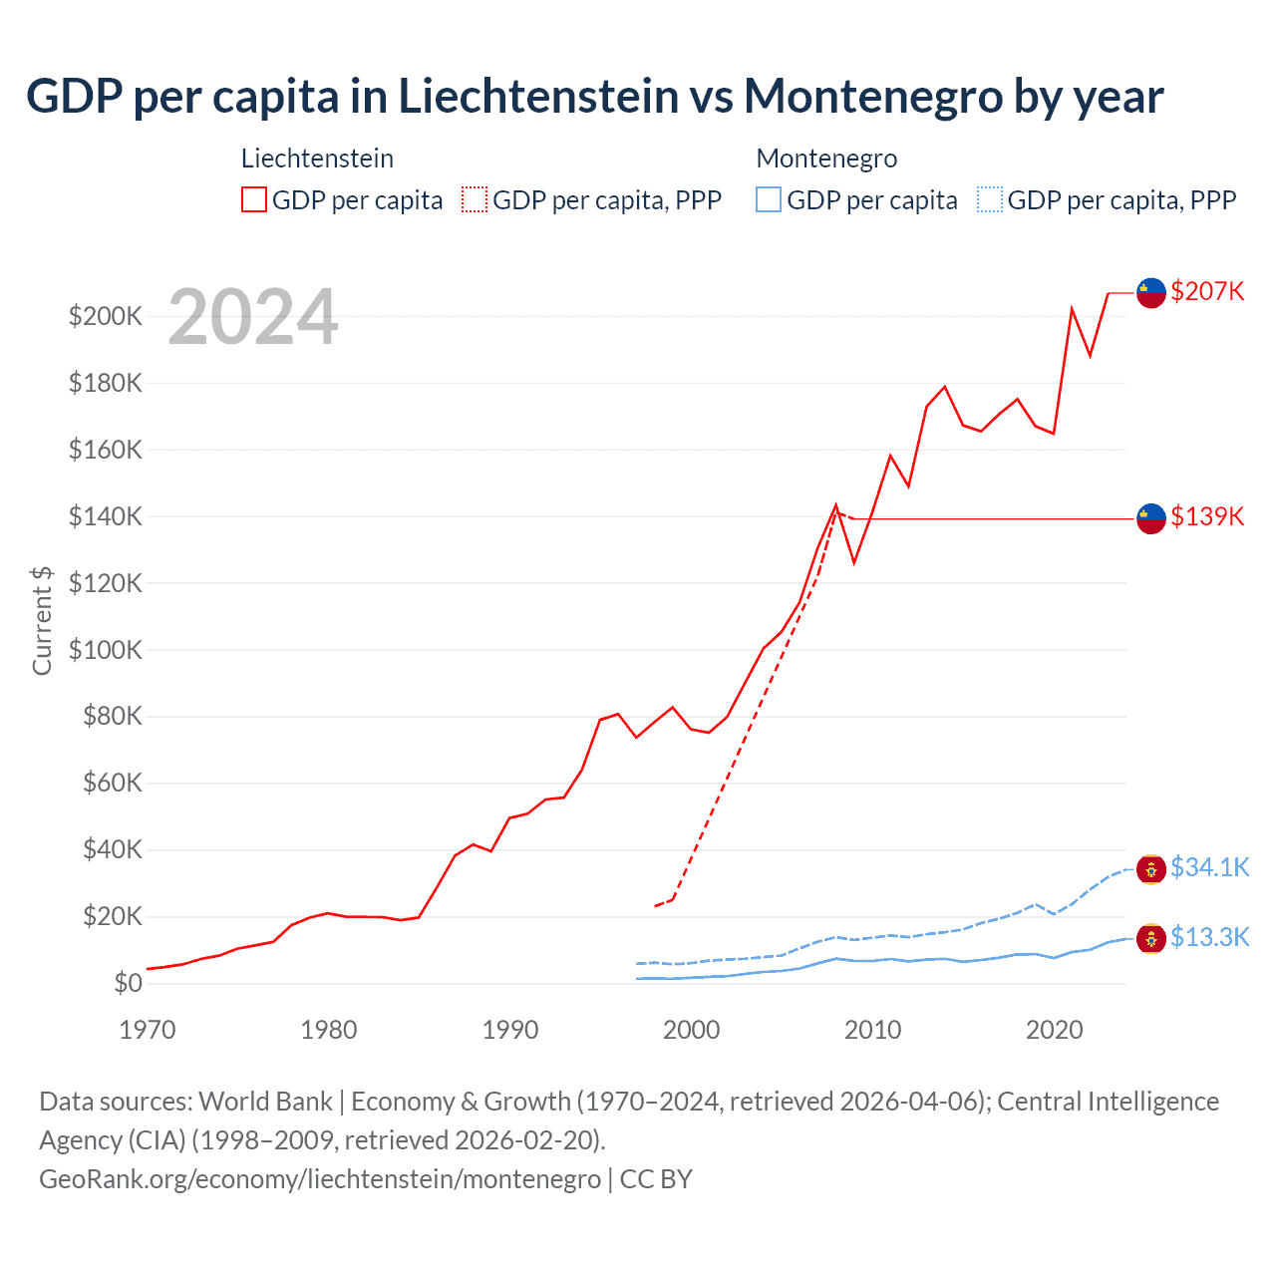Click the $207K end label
click(1207, 291)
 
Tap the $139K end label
click(1207, 516)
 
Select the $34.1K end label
click(1209, 867)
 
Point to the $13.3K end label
click(1209, 937)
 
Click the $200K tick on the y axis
click(106, 316)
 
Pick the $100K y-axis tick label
click(106, 650)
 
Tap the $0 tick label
click(128, 983)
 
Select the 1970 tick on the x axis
click(148, 1030)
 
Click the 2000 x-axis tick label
click(692, 1030)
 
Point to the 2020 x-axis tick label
click(1055, 1030)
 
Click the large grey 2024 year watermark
click(253, 318)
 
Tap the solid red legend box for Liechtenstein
click(254, 200)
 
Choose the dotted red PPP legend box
click(475, 200)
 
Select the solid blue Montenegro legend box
click(769, 200)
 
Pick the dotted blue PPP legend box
click(990, 200)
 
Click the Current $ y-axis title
click(42, 620)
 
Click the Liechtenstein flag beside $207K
click(1151, 292)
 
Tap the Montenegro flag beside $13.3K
click(1151, 938)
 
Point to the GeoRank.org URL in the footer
click(320, 1179)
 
